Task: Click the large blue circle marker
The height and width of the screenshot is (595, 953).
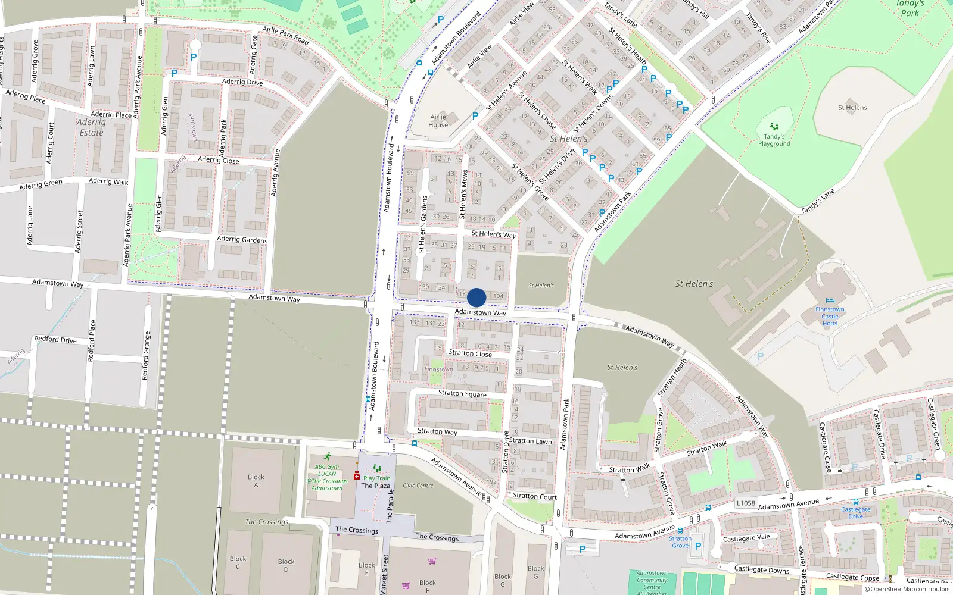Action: click(476, 297)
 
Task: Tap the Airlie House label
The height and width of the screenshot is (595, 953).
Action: click(438, 121)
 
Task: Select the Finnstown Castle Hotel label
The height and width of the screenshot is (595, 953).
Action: click(830, 316)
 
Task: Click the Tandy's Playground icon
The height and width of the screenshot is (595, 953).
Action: click(774, 126)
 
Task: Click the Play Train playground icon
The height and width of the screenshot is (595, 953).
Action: click(376, 468)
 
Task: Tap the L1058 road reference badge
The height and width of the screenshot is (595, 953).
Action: click(746, 503)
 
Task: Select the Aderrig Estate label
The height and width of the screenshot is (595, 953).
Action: click(91, 127)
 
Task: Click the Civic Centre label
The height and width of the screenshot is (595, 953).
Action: click(418, 486)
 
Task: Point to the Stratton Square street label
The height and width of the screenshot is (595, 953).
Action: click(462, 393)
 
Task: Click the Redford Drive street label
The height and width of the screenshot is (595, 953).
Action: click(55, 339)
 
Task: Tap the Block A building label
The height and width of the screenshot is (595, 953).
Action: click(256, 481)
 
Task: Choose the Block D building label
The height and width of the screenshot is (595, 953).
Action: click(286, 565)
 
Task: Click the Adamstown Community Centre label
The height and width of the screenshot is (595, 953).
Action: click(652, 580)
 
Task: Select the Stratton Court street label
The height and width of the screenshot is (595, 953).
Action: click(535, 496)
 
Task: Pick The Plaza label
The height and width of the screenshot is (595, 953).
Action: click(376, 486)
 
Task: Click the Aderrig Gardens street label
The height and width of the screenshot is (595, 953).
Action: click(242, 239)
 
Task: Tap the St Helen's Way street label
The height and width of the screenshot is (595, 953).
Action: click(494, 234)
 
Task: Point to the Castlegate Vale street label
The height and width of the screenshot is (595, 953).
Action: click(746, 538)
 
